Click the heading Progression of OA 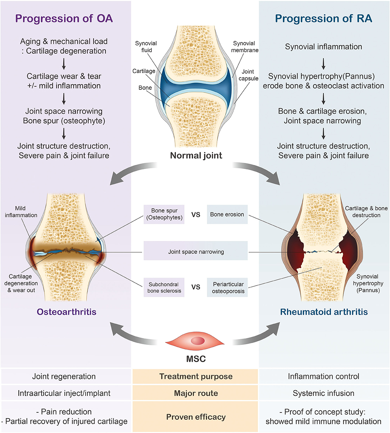(x=64, y=18)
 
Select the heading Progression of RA (x=323, y=18)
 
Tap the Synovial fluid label (x=146, y=47)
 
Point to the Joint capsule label (x=248, y=75)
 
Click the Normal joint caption (x=196, y=155)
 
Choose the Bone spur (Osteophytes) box (x=164, y=214)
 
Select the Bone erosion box (x=227, y=214)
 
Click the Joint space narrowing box (x=196, y=251)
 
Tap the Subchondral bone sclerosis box (x=164, y=287)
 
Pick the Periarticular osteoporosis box (x=228, y=287)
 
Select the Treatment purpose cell (x=196, y=377)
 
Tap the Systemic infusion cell (x=323, y=393)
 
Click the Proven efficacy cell (x=196, y=417)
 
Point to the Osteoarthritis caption (x=67, y=311)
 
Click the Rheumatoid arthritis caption (x=324, y=311)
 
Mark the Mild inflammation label (x=21, y=211)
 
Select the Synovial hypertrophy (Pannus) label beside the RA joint (x=368, y=283)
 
